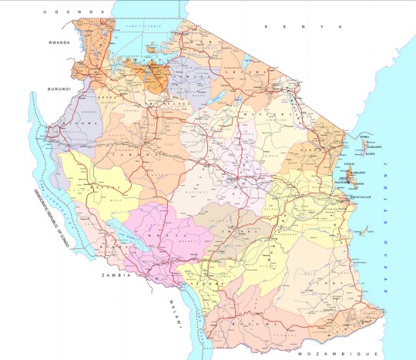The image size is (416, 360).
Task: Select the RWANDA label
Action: pyautogui.click(x=59, y=43)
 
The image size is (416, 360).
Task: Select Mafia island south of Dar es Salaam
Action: pyautogui.click(x=364, y=229)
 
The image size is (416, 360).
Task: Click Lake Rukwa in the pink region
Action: pyautogui.click(x=114, y=224)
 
